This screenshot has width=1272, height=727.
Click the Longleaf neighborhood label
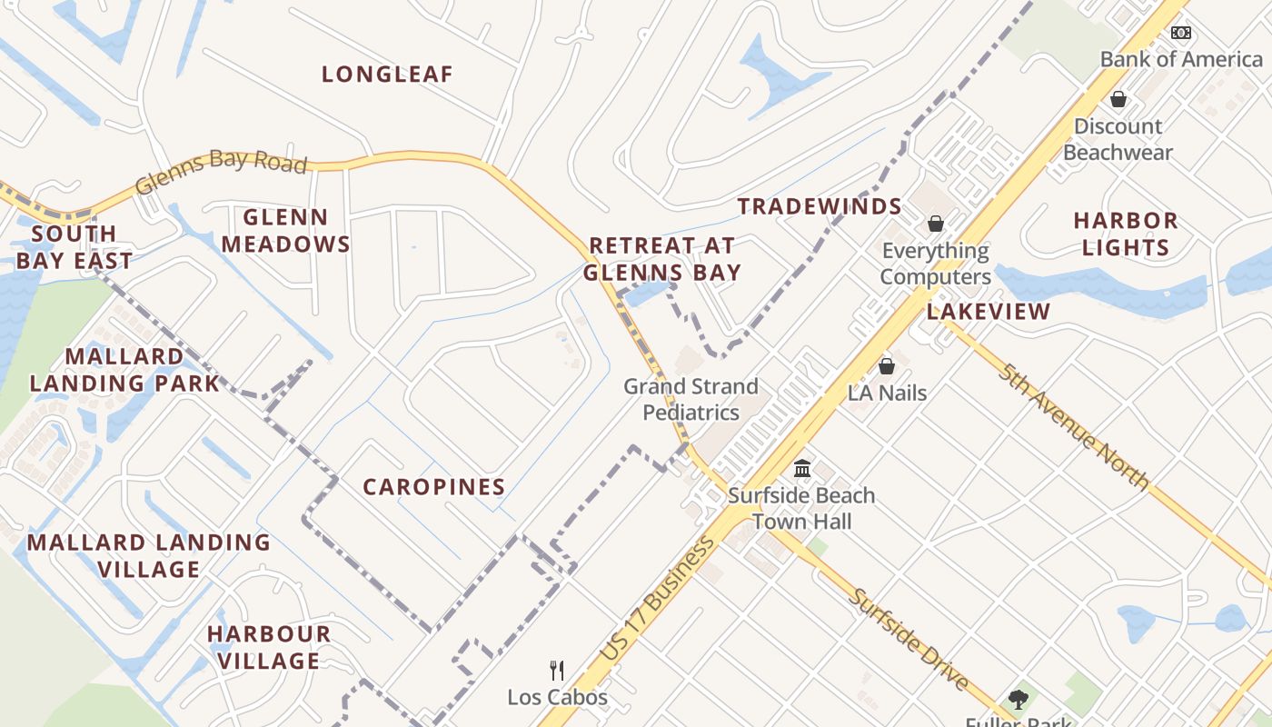tap(387, 75)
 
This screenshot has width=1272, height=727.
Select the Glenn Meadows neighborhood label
tap(285, 231)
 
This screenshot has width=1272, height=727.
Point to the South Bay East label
tap(74, 247)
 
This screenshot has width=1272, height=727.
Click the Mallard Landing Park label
tap(124, 370)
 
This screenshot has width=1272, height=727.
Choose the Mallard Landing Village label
tap(149, 556)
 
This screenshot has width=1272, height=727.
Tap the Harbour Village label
tap(269, 647)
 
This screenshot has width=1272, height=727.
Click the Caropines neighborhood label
tap(434, 487)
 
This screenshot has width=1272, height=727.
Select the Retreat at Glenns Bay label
tap(662, 259)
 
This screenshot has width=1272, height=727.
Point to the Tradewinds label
tap(820, 207)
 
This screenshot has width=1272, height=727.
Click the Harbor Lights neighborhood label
tap(1126, 234)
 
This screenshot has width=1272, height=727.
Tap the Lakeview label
tap(989, 312)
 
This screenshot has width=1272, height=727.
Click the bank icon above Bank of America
tap(1180, 33)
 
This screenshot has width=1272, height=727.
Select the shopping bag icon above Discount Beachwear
tap(1118, 98)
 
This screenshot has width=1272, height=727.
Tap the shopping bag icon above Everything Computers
tap(935, 223)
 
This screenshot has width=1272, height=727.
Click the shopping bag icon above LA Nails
tap(887, 366)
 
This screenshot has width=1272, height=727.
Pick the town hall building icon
tap(801, 469)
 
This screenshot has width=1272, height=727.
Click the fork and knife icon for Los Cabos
tap(557, 671)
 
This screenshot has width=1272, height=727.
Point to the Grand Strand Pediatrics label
tap(691, 400)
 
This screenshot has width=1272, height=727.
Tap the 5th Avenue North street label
tap(1073, 425)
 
